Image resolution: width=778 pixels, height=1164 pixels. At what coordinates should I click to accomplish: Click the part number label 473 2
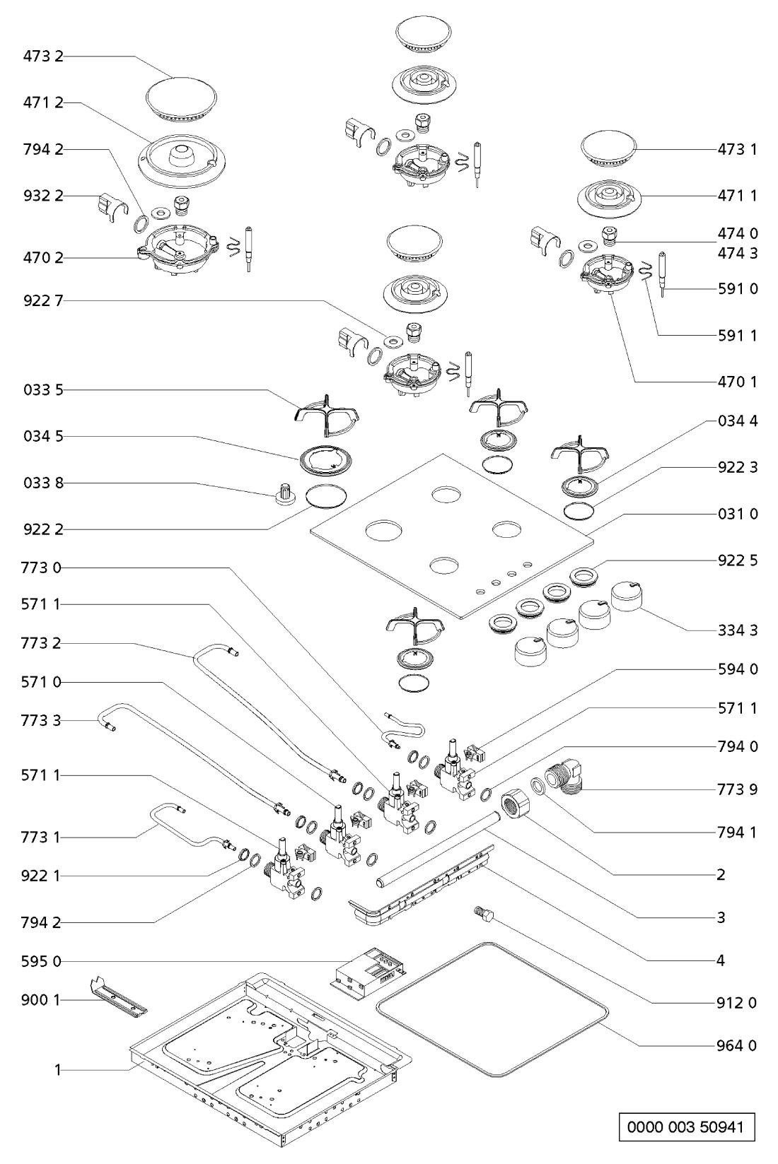coord(42,57)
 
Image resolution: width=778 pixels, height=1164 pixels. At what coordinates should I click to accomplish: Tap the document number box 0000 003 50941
coord(683,1126)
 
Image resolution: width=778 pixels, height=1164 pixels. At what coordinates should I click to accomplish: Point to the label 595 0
coord(42,961)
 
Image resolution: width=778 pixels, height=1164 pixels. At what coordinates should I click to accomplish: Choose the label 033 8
coord(42,483)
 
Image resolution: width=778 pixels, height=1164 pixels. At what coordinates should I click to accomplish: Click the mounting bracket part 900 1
coord(119,997)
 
